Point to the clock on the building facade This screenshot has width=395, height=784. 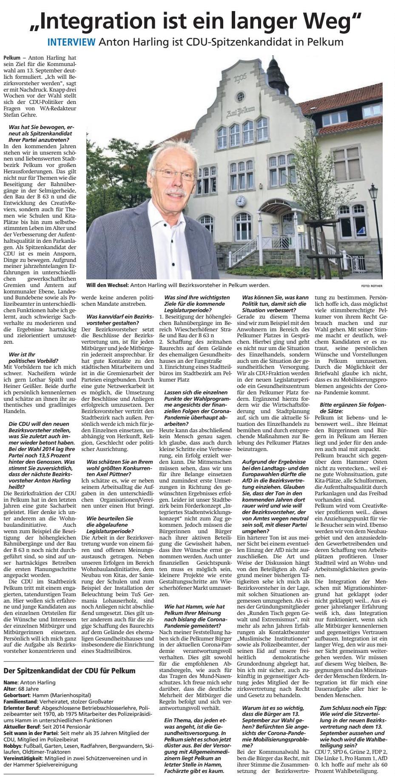(240, 201)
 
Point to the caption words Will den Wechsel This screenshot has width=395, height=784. (107, 285)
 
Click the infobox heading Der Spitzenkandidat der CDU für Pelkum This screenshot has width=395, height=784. (69, 670)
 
